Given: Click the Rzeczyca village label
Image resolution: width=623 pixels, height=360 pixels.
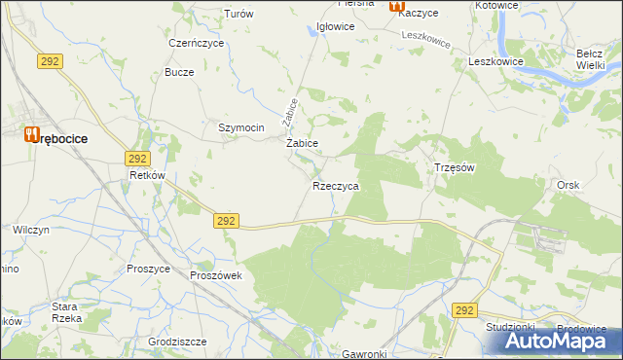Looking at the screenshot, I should point(337,186).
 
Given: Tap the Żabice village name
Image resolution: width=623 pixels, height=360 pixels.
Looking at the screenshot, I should point(303,143).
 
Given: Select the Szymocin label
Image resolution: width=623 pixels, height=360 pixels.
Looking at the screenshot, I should point(241,127).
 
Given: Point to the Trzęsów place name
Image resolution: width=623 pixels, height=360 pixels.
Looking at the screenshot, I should point(454,167).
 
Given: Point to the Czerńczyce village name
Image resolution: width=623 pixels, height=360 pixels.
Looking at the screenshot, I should point(197,44).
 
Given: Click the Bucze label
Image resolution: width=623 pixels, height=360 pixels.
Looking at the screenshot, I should point(180,73).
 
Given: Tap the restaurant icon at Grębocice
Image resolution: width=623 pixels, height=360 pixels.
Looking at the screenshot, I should point(31,134).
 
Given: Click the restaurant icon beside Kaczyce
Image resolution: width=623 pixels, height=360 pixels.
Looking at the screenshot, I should point(396,6).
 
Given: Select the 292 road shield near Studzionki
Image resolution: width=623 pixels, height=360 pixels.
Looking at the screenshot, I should point(464,310).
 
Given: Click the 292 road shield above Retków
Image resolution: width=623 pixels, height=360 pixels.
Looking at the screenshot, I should point(136,158).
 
